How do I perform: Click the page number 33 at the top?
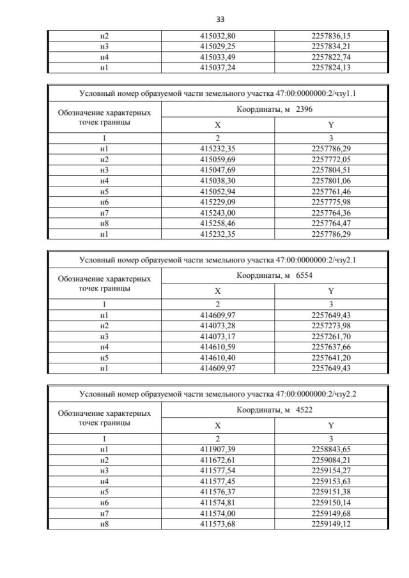(204, 19)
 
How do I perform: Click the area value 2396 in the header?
(304, 110)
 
